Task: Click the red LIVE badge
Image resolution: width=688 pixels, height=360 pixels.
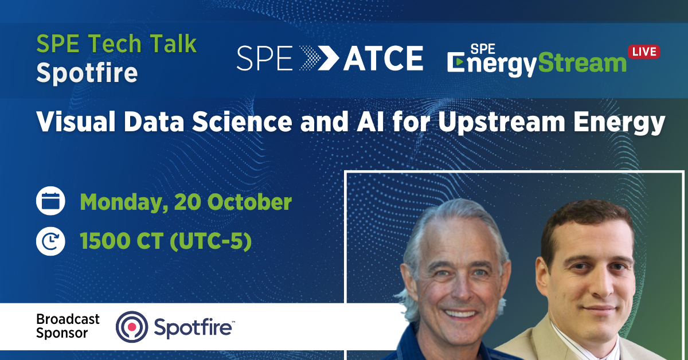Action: (644, 52)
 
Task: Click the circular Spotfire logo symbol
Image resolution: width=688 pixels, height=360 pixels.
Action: (132, 326)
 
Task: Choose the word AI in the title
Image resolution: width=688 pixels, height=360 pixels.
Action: (366, 123)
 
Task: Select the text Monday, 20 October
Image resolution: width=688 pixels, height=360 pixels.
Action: (186, 202)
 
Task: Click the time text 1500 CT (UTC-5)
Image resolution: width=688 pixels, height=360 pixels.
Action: (166, 241)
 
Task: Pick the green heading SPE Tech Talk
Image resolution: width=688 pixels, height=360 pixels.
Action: (117, 44)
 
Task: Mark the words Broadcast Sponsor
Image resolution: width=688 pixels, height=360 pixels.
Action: (67, 326)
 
